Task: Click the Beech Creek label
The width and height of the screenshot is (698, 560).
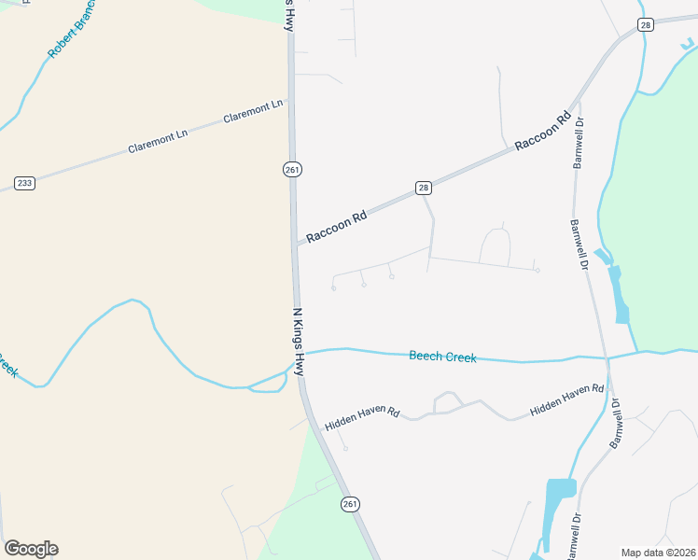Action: (x=442, y=357)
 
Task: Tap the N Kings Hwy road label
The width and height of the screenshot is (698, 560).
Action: (x=299, y=342)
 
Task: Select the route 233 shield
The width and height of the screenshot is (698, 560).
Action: (x=24, y=183)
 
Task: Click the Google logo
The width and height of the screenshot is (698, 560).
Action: (x=31, y=549)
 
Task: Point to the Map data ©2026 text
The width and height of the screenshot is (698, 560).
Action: (x=658, y=553)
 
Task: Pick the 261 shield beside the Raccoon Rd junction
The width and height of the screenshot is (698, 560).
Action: (x=292, y=168)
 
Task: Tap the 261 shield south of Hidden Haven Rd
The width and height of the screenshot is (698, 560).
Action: (x=350, y=504)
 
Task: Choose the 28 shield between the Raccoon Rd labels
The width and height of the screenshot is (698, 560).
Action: (x=424, y=188)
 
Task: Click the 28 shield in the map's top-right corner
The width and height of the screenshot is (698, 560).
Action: (x=646, y=25)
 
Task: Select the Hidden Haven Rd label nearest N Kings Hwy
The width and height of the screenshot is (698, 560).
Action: (x=362, y=418)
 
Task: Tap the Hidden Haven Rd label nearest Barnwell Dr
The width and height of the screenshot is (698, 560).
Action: (x=567, y=399)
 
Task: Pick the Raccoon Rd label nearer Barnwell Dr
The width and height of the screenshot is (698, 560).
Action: (x=542, y=132)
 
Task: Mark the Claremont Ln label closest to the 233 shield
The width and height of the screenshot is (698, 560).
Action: (x=158, y=141)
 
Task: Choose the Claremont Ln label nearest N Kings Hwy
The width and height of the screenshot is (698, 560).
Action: (x=253, y=113)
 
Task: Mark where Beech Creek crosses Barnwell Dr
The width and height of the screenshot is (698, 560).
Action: (x=607, y=357)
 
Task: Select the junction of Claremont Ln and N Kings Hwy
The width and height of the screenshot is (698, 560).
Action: (x=289, y=103)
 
